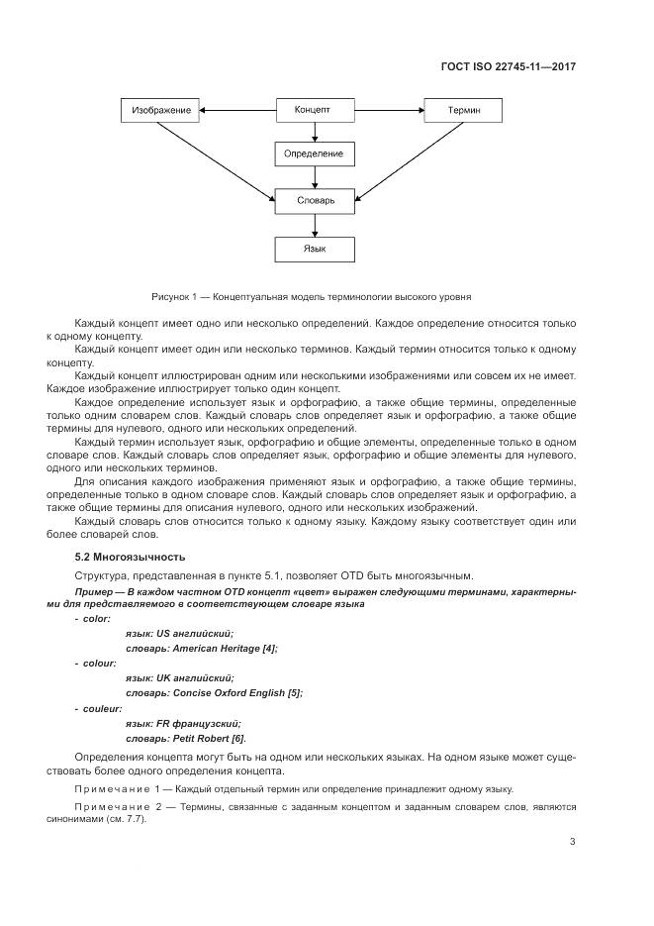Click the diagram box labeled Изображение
click(x=161, y=110)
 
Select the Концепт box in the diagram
click(x=313, y=110)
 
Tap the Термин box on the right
click(x=463, y=110)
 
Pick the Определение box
click(x=313, y=154)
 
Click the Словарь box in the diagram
click(x=313, y=201)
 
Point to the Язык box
click(x=313, y=248)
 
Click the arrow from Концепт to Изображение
click(x=237, y=110)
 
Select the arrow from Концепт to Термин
click(x=388, y=110)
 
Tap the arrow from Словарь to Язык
click(x=313, y=225)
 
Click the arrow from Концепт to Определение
click(x=313, y=133)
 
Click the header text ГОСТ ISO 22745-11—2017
click(x=508, y=67)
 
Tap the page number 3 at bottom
click(x=572, y=842)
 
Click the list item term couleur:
click(x=99, y=708)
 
